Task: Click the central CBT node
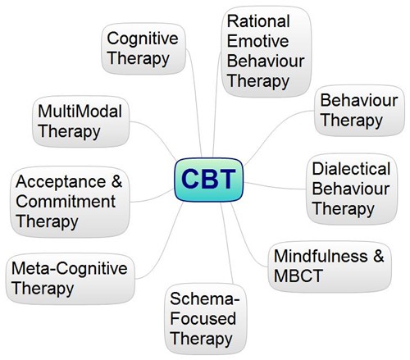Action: tap(208, 180)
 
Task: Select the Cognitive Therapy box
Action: tap(143, 48)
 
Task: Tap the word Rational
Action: tap(258, 21)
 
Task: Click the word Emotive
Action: tap(257, 41)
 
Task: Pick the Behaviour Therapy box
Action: tap(359, 110)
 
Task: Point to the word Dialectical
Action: tap(351, 169)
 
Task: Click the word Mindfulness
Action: tap(321, 256)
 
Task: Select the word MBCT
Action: tap(298, 276)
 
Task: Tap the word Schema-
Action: tap(205, 298)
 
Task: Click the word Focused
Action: tap(203, 318)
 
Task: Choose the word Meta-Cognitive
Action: tap(70, 268)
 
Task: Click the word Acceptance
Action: tap(61, 181)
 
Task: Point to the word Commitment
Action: tap(66, 202)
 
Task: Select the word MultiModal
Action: tap(80, 112)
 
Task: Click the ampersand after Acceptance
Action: tap(116, 181)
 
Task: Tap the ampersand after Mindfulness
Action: tap(379, 256)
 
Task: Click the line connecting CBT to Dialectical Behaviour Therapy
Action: tap(274, 187)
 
